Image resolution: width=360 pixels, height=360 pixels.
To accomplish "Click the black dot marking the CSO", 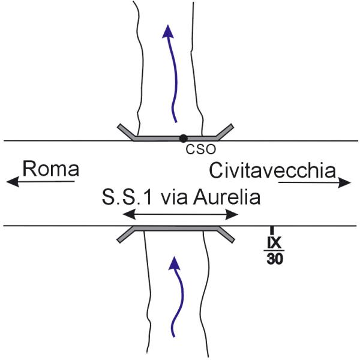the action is pyautogui.click(x=183, y=138).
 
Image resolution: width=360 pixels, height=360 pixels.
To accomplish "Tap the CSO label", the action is pyautogui.click(x=201, y=149).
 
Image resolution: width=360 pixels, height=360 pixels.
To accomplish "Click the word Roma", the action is pyautogui.click(x=51, y=169).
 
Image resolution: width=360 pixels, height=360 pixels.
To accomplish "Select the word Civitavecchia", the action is pyautogui.click(x=272, y=170).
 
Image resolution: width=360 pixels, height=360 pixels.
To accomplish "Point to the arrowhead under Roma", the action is pyautogui.click(x=13, y=182).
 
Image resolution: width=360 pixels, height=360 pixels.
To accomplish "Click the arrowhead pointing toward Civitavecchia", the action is pyautogui.click(x=344, y=183).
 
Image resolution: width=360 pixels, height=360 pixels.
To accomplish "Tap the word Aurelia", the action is pyautogui.click(x=227, y=197).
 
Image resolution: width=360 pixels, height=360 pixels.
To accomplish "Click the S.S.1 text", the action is pyautogui.click(x=127, y=197).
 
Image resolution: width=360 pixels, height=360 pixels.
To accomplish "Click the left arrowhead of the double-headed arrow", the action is pyautogui.click(x=129, y=214).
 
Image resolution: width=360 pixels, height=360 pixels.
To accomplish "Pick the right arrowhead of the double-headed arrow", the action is pyautogui.click(x=232, y=215).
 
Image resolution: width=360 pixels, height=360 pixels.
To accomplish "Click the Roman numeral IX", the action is pyautogui.click(x=274, y=242).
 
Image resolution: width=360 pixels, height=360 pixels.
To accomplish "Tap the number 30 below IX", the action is pyautogui.click(x=275, y=259).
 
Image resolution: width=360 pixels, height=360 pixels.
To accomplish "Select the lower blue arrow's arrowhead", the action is pyautogui.click(x=175, y=263).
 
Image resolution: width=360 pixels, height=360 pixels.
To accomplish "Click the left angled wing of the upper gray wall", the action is pyautogui.click(x=127, y=131).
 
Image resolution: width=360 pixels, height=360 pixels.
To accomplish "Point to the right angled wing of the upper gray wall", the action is pyautogui.click(x=224, y=132).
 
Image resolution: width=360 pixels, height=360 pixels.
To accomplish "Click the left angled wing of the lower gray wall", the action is pyautogui.click(x=126, y=234).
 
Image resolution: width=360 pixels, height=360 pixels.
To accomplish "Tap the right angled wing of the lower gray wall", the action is pyautogui.click(x=225, y=235).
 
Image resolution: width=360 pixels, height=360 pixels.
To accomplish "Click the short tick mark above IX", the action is pyautogui.click(x=272, y=230).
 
